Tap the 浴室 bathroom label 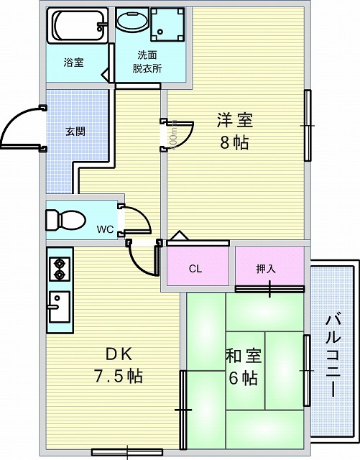74,62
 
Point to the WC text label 105,230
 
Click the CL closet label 195,270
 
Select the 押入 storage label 266,269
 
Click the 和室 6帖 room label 244,367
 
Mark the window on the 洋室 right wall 307,126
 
